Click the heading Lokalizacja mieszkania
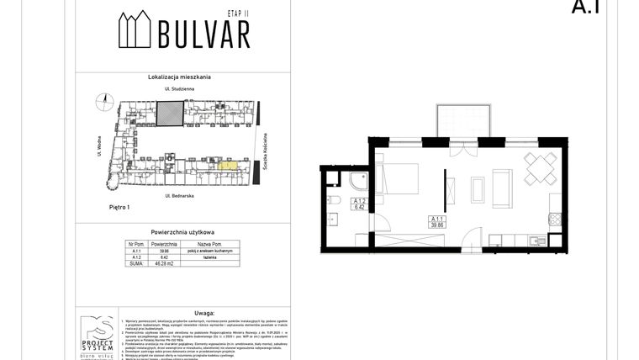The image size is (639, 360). pyautogui.click(x=179, y=77)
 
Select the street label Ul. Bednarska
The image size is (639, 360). pyautogui.click(x=180, y=195)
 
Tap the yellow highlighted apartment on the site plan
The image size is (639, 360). pyautogui.click(x=227, y=165)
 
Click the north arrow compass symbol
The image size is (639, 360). pyautogui.click(x=105, y=102)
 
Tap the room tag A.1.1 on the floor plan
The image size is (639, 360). pyautogui.click(x=436, y=221)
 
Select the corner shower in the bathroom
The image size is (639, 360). pyautogui.click(x=357, y=180)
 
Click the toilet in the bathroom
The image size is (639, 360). pyautogui.click(x=334, y=200)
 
